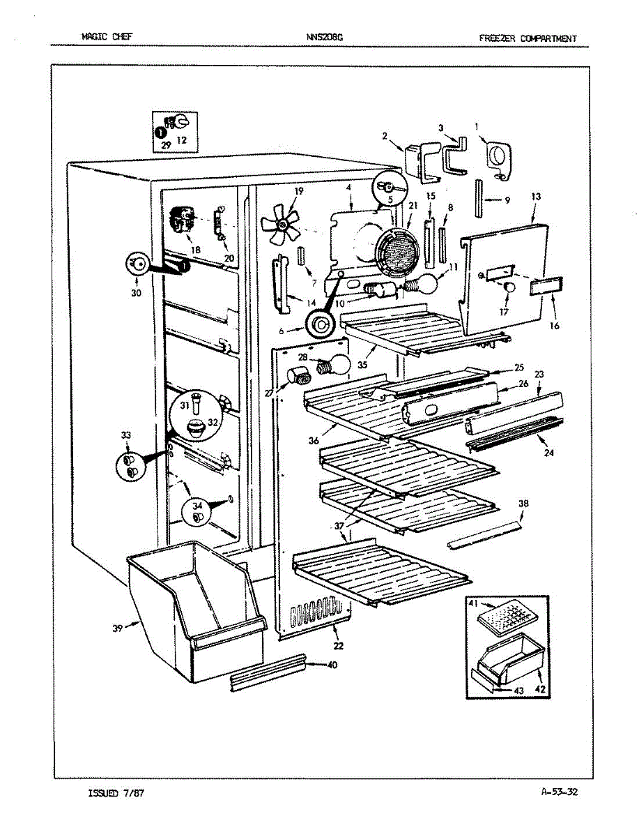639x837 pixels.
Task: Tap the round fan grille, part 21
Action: pos(397,254)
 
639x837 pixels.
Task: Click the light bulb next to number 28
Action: pos(334,363)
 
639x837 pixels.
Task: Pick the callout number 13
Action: pos(535,197)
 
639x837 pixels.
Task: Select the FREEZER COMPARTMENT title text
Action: pos(528,38)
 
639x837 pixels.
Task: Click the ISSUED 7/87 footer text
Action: pos(116,793)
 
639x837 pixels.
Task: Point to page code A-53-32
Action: pos(559,792)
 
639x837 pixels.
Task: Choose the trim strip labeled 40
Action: pos(268,672)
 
